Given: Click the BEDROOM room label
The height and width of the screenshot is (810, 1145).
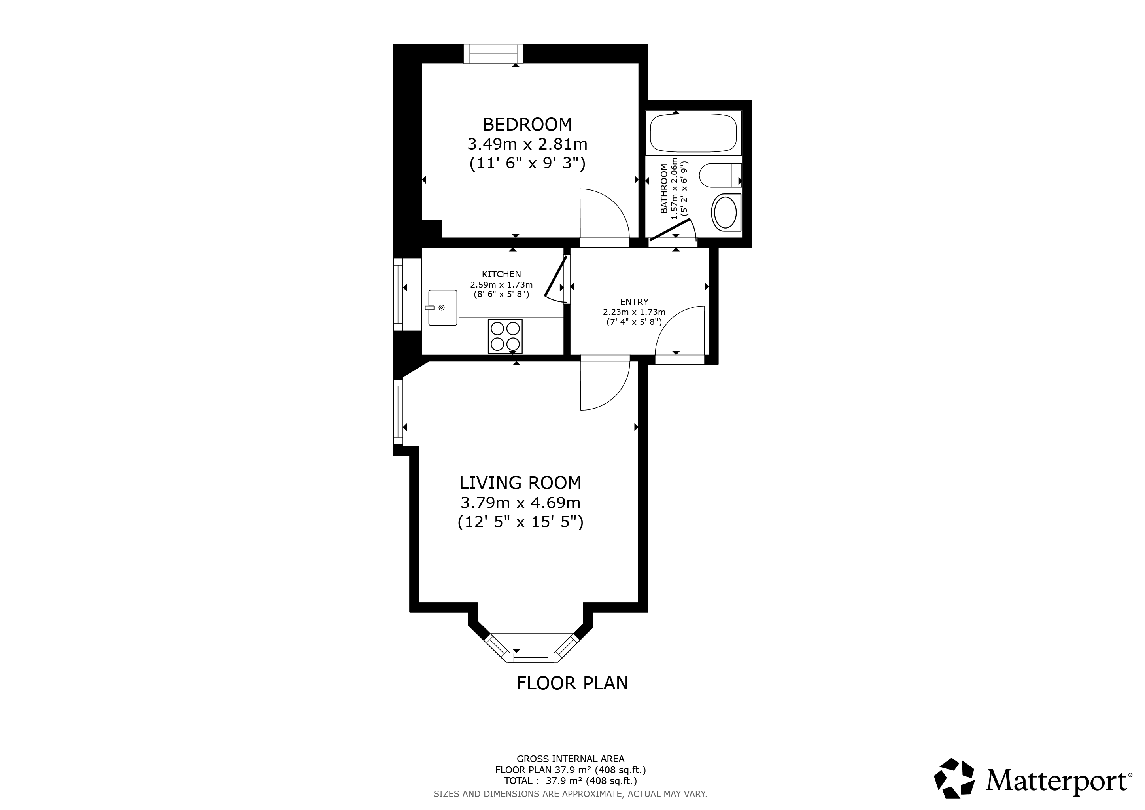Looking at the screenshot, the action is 527,124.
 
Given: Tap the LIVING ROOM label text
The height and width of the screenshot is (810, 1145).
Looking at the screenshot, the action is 520,483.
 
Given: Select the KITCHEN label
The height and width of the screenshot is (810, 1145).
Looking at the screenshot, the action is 501,274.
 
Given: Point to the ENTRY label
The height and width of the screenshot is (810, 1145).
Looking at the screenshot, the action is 634,302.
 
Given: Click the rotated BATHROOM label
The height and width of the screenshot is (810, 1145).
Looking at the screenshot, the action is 664,189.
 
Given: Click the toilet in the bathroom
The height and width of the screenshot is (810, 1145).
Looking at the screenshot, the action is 720,175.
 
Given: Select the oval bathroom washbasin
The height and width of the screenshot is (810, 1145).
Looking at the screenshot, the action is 726,212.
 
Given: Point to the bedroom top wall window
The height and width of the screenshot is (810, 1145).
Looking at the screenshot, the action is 493,53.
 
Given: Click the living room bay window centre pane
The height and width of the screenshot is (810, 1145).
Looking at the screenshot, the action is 531,658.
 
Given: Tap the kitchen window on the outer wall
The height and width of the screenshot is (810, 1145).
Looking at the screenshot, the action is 398,294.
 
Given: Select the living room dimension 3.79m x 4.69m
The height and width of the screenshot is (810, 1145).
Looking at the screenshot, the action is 520,502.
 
